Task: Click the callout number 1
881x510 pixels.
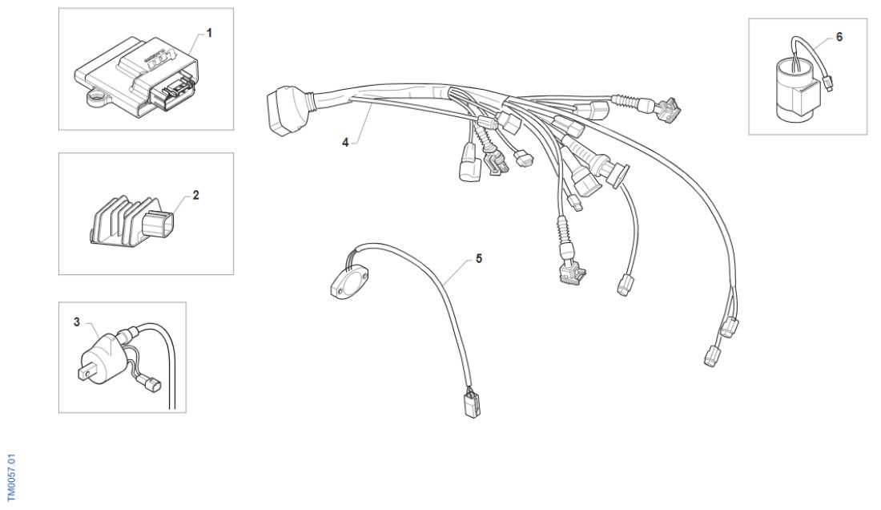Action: point(210,33)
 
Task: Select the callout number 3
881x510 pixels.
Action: point(77,322)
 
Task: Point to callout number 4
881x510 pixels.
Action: point(345,142)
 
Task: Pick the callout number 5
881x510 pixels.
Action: point(479,259)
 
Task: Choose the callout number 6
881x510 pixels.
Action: point(839,37)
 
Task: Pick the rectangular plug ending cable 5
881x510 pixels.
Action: point(470,404)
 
